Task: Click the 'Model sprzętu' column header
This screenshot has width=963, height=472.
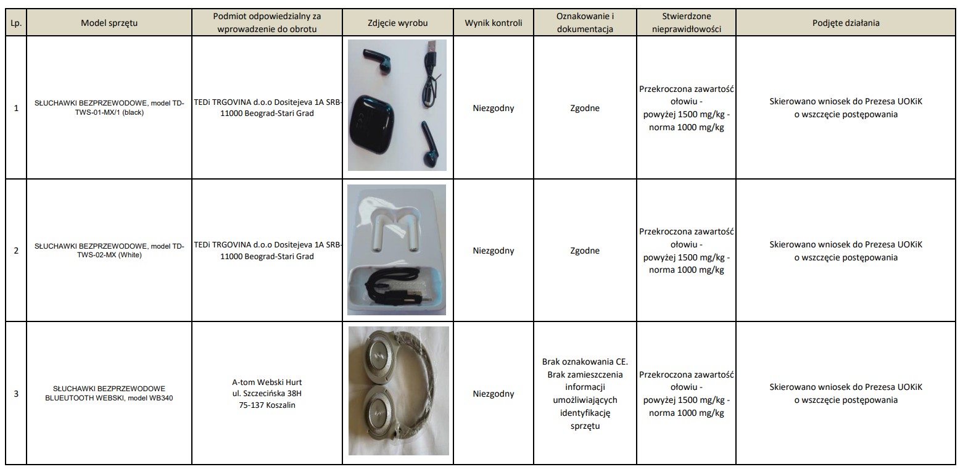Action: click(x=109, y=23)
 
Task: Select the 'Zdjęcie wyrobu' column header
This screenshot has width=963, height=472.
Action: click(x=397, y=23)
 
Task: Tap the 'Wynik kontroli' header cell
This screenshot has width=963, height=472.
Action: click(x=493, y=23)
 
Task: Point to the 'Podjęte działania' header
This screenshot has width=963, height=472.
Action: click(x=845, y=23)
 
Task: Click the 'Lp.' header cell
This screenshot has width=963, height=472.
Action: click(x=15, y=23)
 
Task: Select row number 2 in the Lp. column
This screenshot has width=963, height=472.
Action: click(x=15, y=250)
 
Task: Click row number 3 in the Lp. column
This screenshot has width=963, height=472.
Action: click(x=15, y=394)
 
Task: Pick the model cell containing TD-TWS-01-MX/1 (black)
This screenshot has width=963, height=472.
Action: click(x=109, y=109)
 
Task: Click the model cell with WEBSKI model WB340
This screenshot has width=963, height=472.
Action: click(x=109, y=394)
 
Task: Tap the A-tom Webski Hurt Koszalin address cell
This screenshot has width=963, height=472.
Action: click(x=268, y=394)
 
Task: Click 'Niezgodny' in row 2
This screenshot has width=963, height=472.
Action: click(x=493, y=250)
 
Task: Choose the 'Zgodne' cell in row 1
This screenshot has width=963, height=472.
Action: click(x=585, y=109)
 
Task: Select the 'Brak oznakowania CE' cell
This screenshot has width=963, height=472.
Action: click(x=585, y=394)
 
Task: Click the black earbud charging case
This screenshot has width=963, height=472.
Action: click(x=371, y=126)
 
